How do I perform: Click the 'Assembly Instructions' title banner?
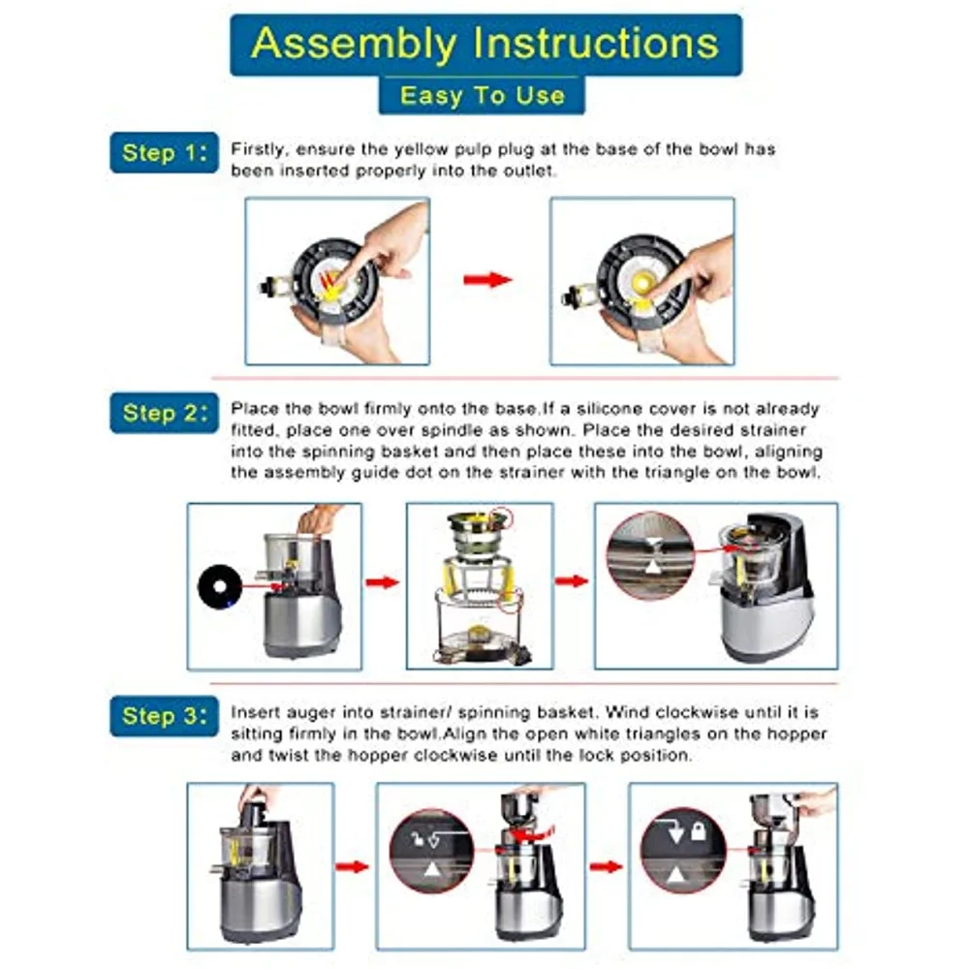(485, 45)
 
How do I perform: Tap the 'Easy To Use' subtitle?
(482, 96)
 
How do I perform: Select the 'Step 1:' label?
(165, 153)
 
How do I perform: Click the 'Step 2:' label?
(165, 413)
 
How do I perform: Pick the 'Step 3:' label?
(165, 716)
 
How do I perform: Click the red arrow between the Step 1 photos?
(487, 279)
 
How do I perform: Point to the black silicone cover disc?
(219, 588)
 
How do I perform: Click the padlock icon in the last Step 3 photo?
(699, 830)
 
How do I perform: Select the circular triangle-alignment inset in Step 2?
(650, 555)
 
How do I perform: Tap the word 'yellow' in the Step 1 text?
(422, 149)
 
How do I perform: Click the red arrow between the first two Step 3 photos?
(353, 866)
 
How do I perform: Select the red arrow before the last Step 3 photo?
(607, 866)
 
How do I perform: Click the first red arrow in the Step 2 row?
(383, 582)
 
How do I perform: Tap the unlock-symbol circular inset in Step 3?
(432, 851)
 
